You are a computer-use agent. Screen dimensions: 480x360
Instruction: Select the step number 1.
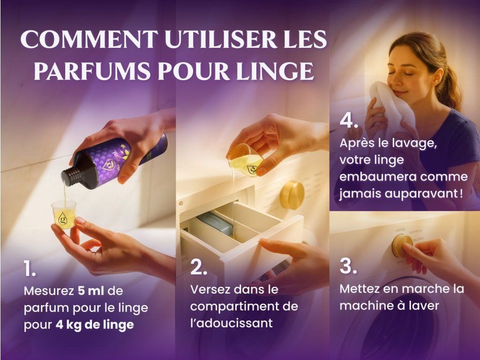point(30,269)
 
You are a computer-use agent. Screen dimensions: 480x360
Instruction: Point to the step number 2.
point(198,267)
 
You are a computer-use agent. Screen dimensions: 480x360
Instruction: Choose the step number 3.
point(348,266)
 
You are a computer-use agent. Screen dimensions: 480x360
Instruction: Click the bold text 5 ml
point(91,291)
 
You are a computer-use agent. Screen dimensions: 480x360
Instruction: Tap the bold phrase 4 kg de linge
point(95,324)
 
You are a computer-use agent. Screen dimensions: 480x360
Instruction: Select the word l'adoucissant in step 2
point(232,323)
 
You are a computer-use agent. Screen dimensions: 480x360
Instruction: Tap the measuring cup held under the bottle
point(64,214)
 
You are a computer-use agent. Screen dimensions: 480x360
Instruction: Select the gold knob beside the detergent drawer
point(292,195)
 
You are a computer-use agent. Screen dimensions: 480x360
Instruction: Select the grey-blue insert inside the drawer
point(215,223)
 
